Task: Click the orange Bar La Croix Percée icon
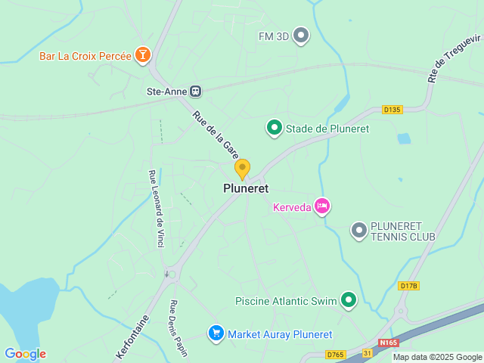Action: (142, 54)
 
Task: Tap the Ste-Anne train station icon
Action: (196, 92)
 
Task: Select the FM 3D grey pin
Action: (301, 36)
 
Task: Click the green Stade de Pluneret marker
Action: (274, 129)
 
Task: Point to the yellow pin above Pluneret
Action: (242, 168)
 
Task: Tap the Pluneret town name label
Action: (246, 188)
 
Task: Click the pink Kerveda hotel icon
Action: (322, 206)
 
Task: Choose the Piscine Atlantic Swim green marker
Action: (349, 300)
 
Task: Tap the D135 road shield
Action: (392, 110)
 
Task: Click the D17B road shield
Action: (408, 285)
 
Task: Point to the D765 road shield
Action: (336, 354)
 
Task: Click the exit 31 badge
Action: (367, 353)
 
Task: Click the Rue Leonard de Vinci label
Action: (157, 207)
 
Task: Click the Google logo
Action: (25, 354)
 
